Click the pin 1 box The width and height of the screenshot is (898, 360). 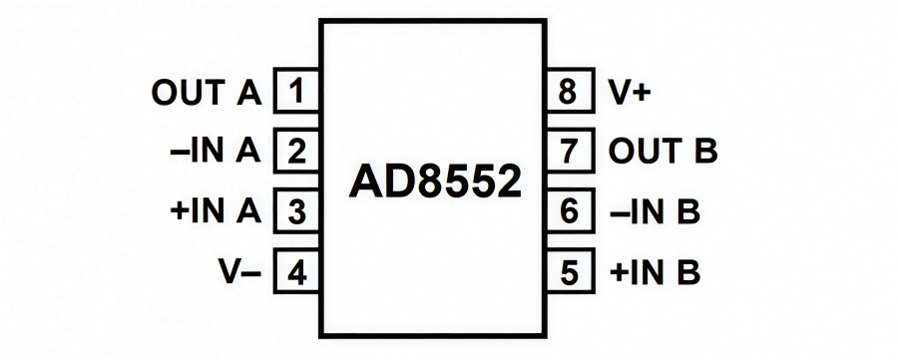pos(296,93)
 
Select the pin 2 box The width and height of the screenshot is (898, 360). pos(296,153)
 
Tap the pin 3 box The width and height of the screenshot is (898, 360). pos(296,211)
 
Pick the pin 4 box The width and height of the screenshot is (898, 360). pos(296,271)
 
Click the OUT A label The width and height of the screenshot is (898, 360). pos(206,93)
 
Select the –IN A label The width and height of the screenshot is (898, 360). pos(216,153)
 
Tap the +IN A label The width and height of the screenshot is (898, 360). pos(216,211)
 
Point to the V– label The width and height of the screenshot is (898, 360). pos(239,271)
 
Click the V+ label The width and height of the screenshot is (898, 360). pos(630,93)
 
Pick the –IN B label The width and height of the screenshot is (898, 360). pos(654,211)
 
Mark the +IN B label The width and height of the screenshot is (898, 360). pos(654,271)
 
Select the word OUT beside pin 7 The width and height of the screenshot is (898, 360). pos(644,153)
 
